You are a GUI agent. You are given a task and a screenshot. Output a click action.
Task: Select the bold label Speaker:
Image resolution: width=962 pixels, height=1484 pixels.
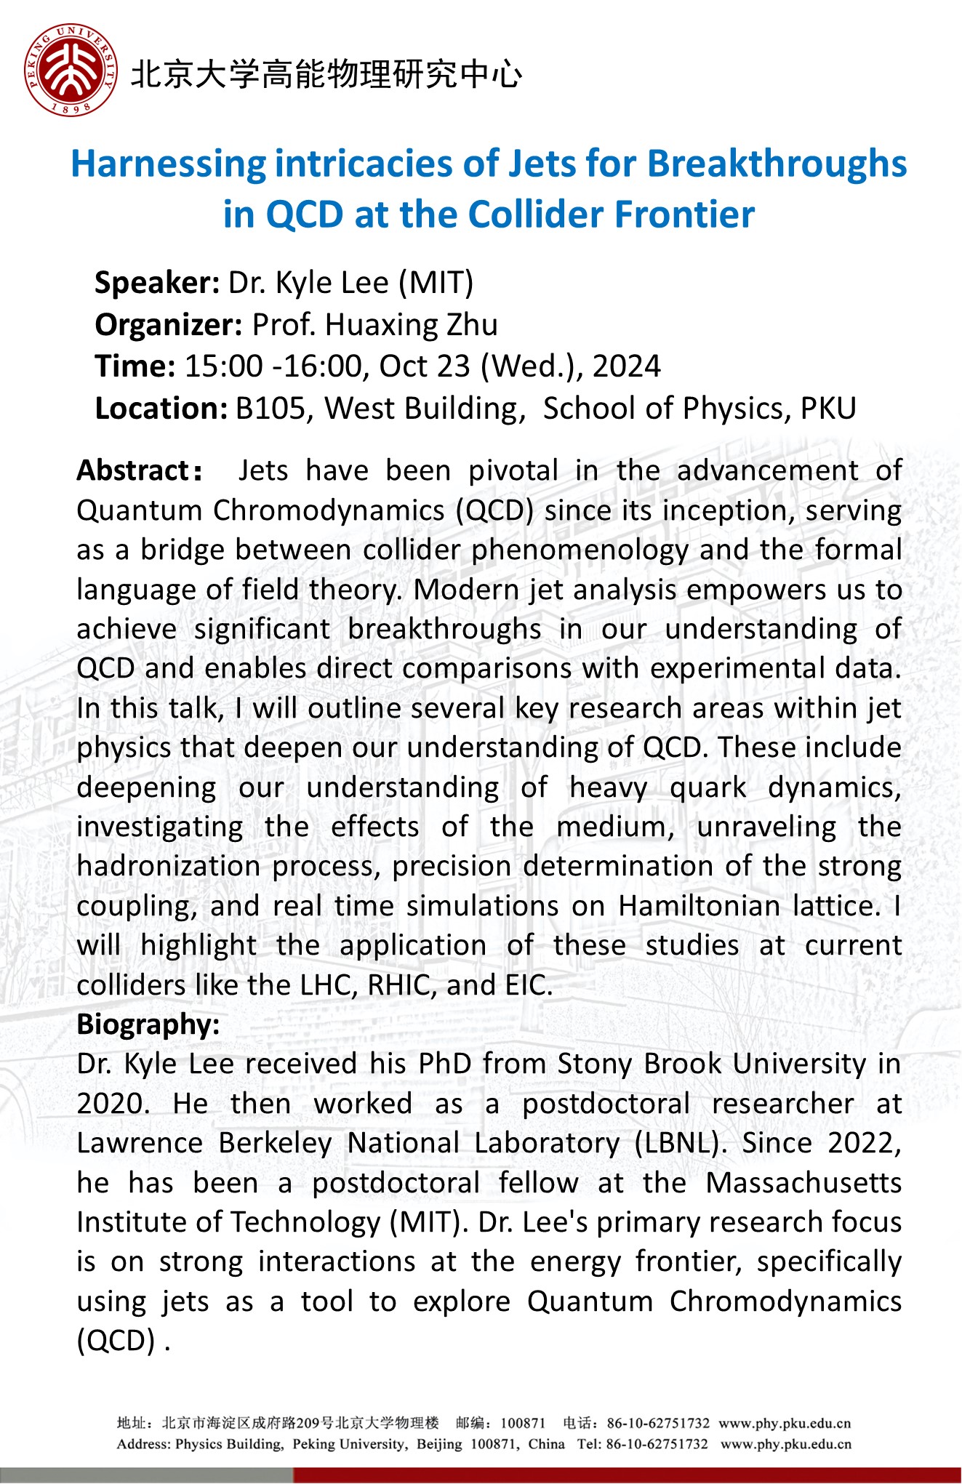(157, 283)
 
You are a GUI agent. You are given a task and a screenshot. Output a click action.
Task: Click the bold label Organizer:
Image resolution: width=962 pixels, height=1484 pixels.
(169, 325)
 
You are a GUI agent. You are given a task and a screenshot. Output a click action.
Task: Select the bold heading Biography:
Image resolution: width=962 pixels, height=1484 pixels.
(148, 1024)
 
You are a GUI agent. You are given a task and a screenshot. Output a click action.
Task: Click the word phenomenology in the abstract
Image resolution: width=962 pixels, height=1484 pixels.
(580, 550)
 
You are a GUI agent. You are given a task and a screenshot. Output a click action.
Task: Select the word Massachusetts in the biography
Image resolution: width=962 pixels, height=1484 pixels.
(803, 1183)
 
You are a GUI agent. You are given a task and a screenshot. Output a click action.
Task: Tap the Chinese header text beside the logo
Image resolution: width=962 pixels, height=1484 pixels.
(326, 74)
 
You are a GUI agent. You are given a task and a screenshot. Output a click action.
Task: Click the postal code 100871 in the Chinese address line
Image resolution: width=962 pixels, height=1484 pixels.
(523, 1423)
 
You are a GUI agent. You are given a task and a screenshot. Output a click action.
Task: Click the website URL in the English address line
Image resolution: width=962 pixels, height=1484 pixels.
(785, 1444)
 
